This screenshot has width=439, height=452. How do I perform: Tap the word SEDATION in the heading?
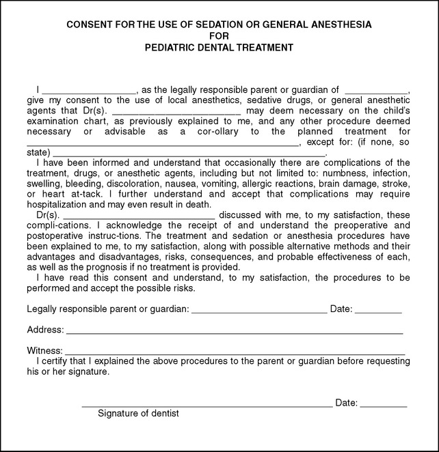pos(213,25)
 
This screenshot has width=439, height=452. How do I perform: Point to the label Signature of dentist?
pos(138,413)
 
